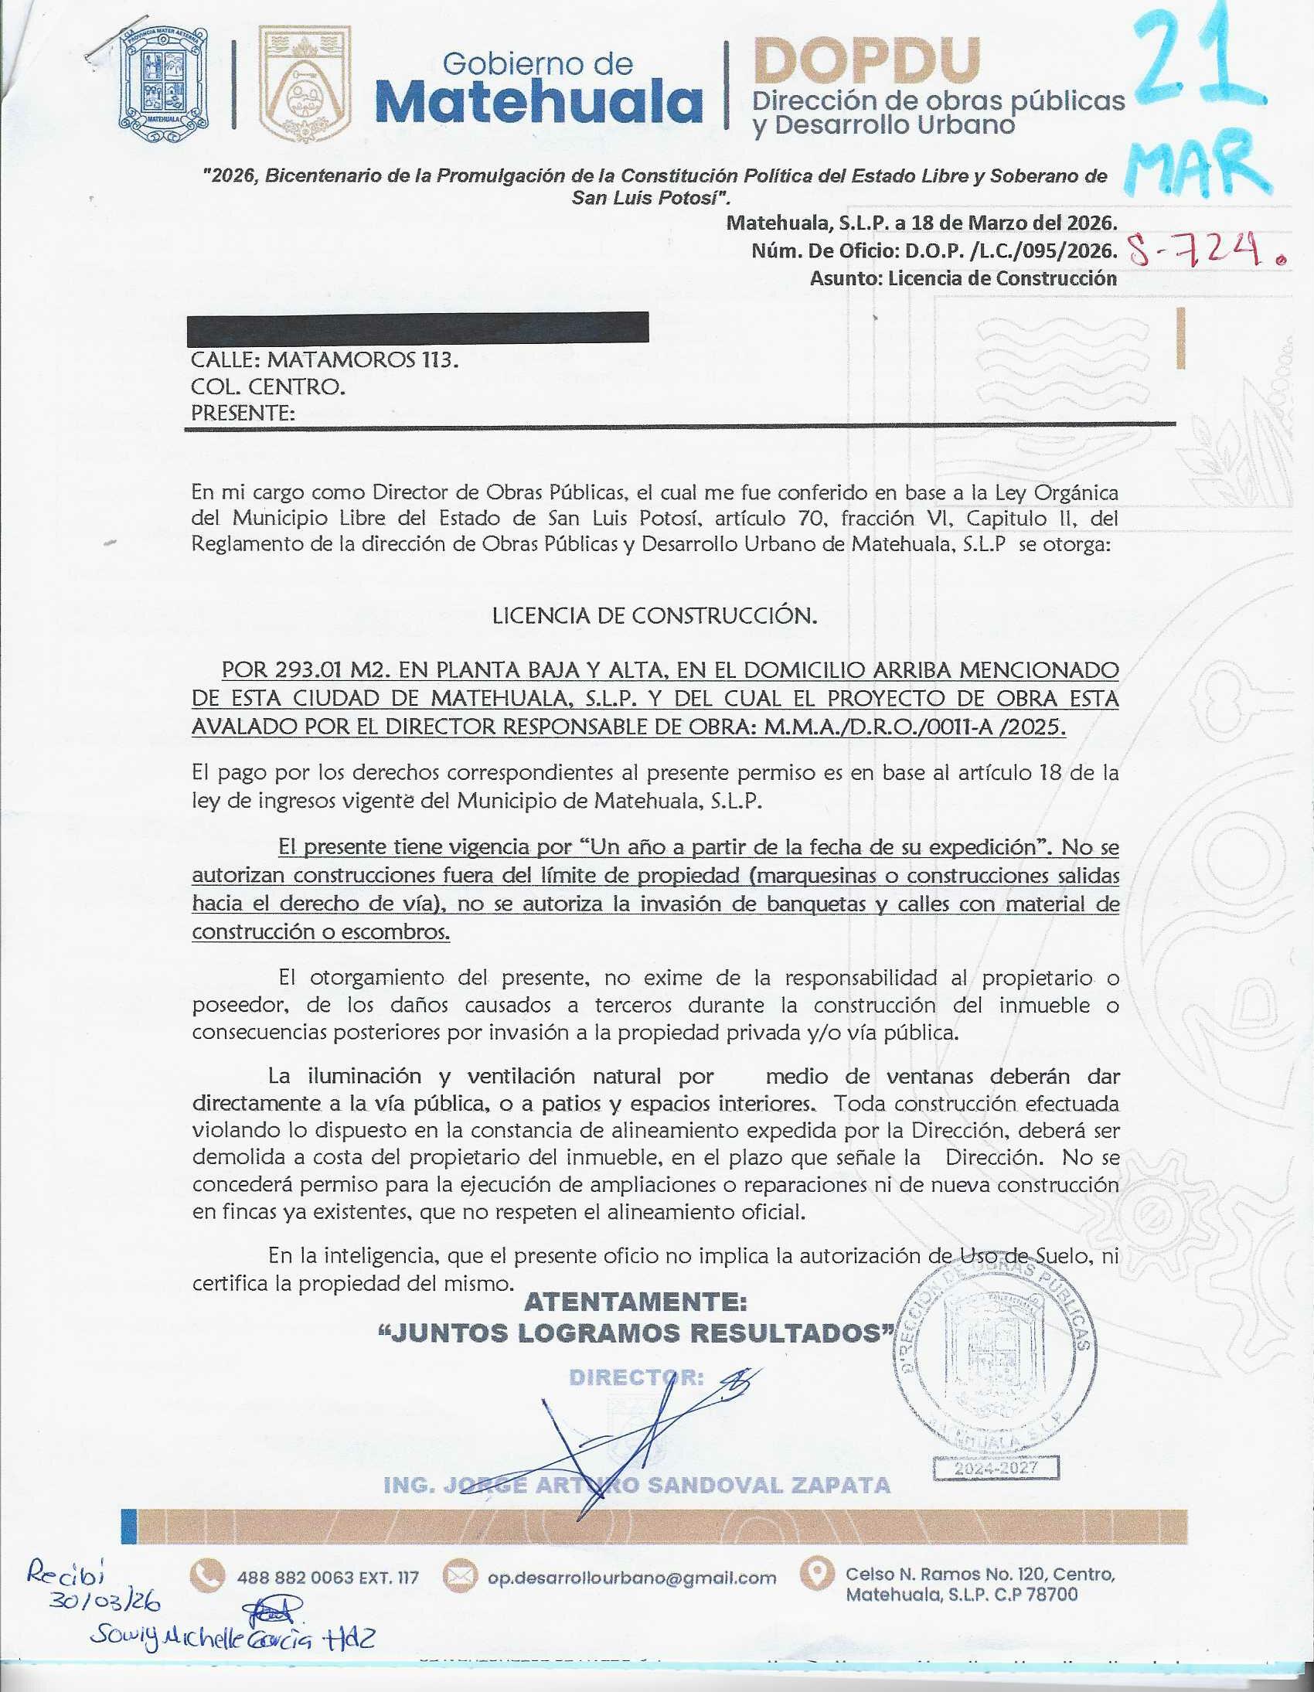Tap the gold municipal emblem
(305, 83)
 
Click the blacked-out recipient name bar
(418, 327)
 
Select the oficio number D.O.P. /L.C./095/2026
(1010, 251)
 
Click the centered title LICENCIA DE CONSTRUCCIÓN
(655, 616)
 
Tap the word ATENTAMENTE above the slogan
(635, 1302)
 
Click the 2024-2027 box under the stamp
(996, 1468)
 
